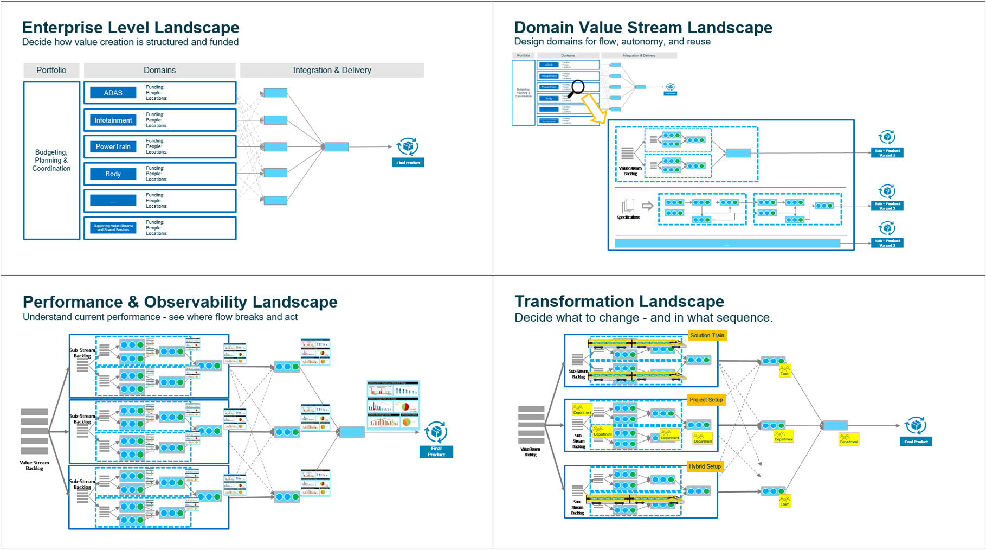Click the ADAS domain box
point(113,93)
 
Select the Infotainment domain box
point(113,120)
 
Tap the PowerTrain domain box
point(113,146)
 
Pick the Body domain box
point(113,174)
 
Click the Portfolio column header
point(51,70)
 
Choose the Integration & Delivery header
point(332,70)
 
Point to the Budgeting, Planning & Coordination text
point(51,161)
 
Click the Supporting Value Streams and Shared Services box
point(113,228)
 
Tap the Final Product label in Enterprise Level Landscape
point(408,163)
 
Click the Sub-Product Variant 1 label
point(887,153)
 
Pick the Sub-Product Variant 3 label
point(887,243)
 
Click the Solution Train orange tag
point(707,335)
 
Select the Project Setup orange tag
point(706,400)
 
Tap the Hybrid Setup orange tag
point(705,466)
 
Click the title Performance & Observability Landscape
point(180,302)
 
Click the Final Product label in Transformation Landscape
point(916,442)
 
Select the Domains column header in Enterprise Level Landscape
point(159,70)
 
